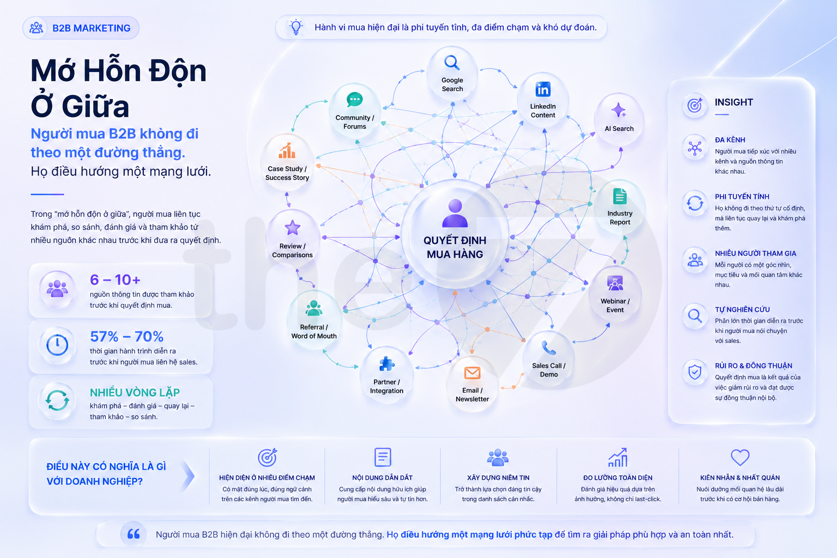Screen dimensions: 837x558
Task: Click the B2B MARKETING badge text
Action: click(x=91, y=28)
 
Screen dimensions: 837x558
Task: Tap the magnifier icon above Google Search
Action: click(x=452, y=63)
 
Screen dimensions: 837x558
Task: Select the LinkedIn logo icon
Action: click(x=543, y=89)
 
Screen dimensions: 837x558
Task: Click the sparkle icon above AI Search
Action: click(x=618, y=110)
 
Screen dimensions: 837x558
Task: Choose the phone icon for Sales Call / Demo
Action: click(x=549, y=348)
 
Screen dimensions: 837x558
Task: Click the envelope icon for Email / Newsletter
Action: click(x=472, y=373)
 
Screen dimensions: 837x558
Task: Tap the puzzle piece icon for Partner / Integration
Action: click(x=386, y=363)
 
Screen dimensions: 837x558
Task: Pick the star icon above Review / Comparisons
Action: click(x=292, y=228)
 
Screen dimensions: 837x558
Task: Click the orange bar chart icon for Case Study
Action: click(x=287, y=150)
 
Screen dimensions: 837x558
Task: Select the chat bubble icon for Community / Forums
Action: click(x=354, y=100)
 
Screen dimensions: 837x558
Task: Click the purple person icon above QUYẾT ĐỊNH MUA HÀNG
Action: click(x=455, y=213)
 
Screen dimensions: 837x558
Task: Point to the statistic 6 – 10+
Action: click(x=115, y=280)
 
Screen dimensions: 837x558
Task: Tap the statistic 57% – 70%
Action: click(x=126, y=336)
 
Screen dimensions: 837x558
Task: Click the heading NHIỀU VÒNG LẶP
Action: click(x=135, y=392)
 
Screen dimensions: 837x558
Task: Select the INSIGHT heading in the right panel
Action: click(x=733, y=102)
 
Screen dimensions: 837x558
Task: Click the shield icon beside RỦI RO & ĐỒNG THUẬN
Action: click(x=695, y=372)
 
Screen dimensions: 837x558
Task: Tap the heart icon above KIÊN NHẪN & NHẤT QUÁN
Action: click(x=740, y=457)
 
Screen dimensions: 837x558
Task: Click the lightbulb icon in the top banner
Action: click(x=296, y=27)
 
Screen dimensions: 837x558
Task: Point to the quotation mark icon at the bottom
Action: click(x=134, y=534)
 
